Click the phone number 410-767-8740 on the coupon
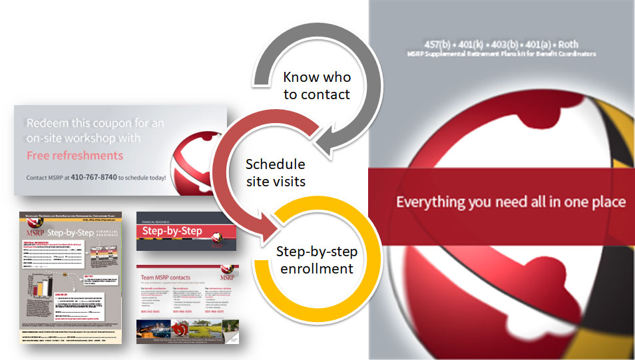(x=93, y=178)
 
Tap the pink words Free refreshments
(x=75, y=155)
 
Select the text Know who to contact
(x=317, y=86)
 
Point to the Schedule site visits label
(x=275, y=172)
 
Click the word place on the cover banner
(x=606, y=202)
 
